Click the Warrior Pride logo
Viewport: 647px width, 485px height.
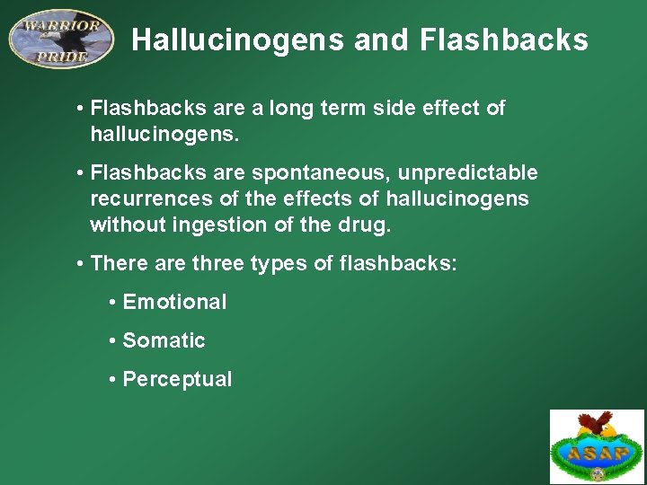click(x=61, y=39)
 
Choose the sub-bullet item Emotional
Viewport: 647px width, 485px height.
click(x=174, y=302)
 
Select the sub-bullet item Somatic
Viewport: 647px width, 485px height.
click(x=164, y=340)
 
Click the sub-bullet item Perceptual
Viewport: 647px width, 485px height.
click(x=177, y=379)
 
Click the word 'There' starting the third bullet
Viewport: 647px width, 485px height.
click(x=116, y=263)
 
